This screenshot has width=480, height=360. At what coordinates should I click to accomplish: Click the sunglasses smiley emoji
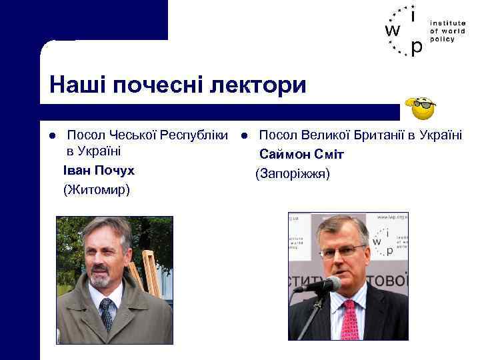point(421,107)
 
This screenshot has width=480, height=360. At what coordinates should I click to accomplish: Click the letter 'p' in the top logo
point(416,47)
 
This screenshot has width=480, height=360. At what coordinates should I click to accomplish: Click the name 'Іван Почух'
point(99,171)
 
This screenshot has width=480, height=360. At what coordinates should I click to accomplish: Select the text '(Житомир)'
point(97,190)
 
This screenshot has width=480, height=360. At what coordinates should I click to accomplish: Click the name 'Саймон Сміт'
point(301,155)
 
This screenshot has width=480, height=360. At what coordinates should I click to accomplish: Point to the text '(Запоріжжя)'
point(292,174)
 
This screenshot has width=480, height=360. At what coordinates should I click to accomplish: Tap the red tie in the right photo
point(349,320)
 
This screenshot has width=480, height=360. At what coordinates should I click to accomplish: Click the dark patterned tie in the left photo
point(106,314)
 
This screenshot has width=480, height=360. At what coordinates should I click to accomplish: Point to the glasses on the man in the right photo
point(343,251)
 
